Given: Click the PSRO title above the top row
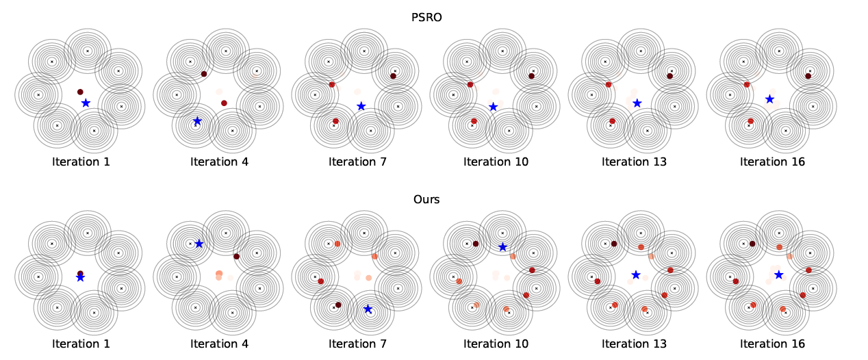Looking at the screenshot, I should (426, 17).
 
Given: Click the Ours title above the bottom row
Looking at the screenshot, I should (426, 200).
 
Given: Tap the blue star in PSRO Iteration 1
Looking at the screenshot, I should (86, 103).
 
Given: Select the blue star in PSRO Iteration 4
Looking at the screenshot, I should (197, 121).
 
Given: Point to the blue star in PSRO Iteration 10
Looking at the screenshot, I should (493, 106).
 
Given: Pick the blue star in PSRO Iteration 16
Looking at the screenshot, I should (769, 99).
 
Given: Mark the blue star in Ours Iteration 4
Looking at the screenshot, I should (199, 244).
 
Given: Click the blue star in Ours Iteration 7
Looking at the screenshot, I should (368, 309).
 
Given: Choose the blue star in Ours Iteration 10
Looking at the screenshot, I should (502, 247).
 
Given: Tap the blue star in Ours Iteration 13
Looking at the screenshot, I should (636, 274).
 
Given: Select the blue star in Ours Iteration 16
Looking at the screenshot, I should (778, 274).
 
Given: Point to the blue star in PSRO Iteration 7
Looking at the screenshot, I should (361, 105).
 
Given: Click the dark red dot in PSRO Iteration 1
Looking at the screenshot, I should (80, 92).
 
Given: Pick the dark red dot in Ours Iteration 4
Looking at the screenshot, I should (236, 257).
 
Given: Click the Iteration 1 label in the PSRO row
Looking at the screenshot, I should (81, 162).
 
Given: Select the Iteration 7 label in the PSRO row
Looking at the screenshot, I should (357, 162).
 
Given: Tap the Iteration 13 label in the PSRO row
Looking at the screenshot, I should (634, 162).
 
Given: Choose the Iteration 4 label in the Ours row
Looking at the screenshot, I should (219, 344).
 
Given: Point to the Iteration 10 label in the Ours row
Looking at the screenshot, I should (496, 344).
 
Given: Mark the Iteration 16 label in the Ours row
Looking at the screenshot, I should (772, 344).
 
